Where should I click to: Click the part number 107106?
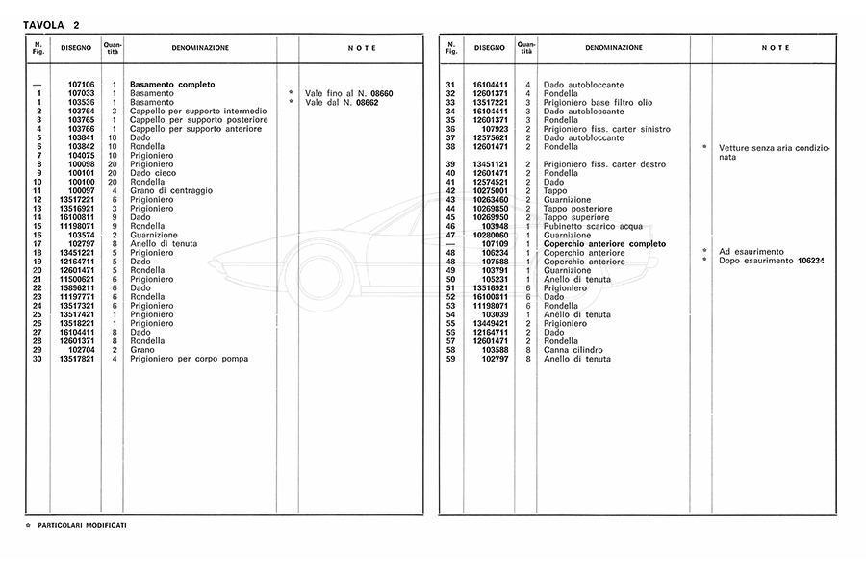click(x=81, y=85)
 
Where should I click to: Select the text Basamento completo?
click(x=172, y=85)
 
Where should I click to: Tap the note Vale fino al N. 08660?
click(x=349, y=93)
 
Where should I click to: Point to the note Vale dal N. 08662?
click(x=342, y=102)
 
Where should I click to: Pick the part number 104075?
click(x=81, y=155)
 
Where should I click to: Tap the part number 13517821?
click(x=77, y=359)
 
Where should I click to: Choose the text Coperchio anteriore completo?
click(x=604, y=244)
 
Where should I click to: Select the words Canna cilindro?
click(x=573, y=350)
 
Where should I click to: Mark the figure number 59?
click(x=449, y=359)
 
